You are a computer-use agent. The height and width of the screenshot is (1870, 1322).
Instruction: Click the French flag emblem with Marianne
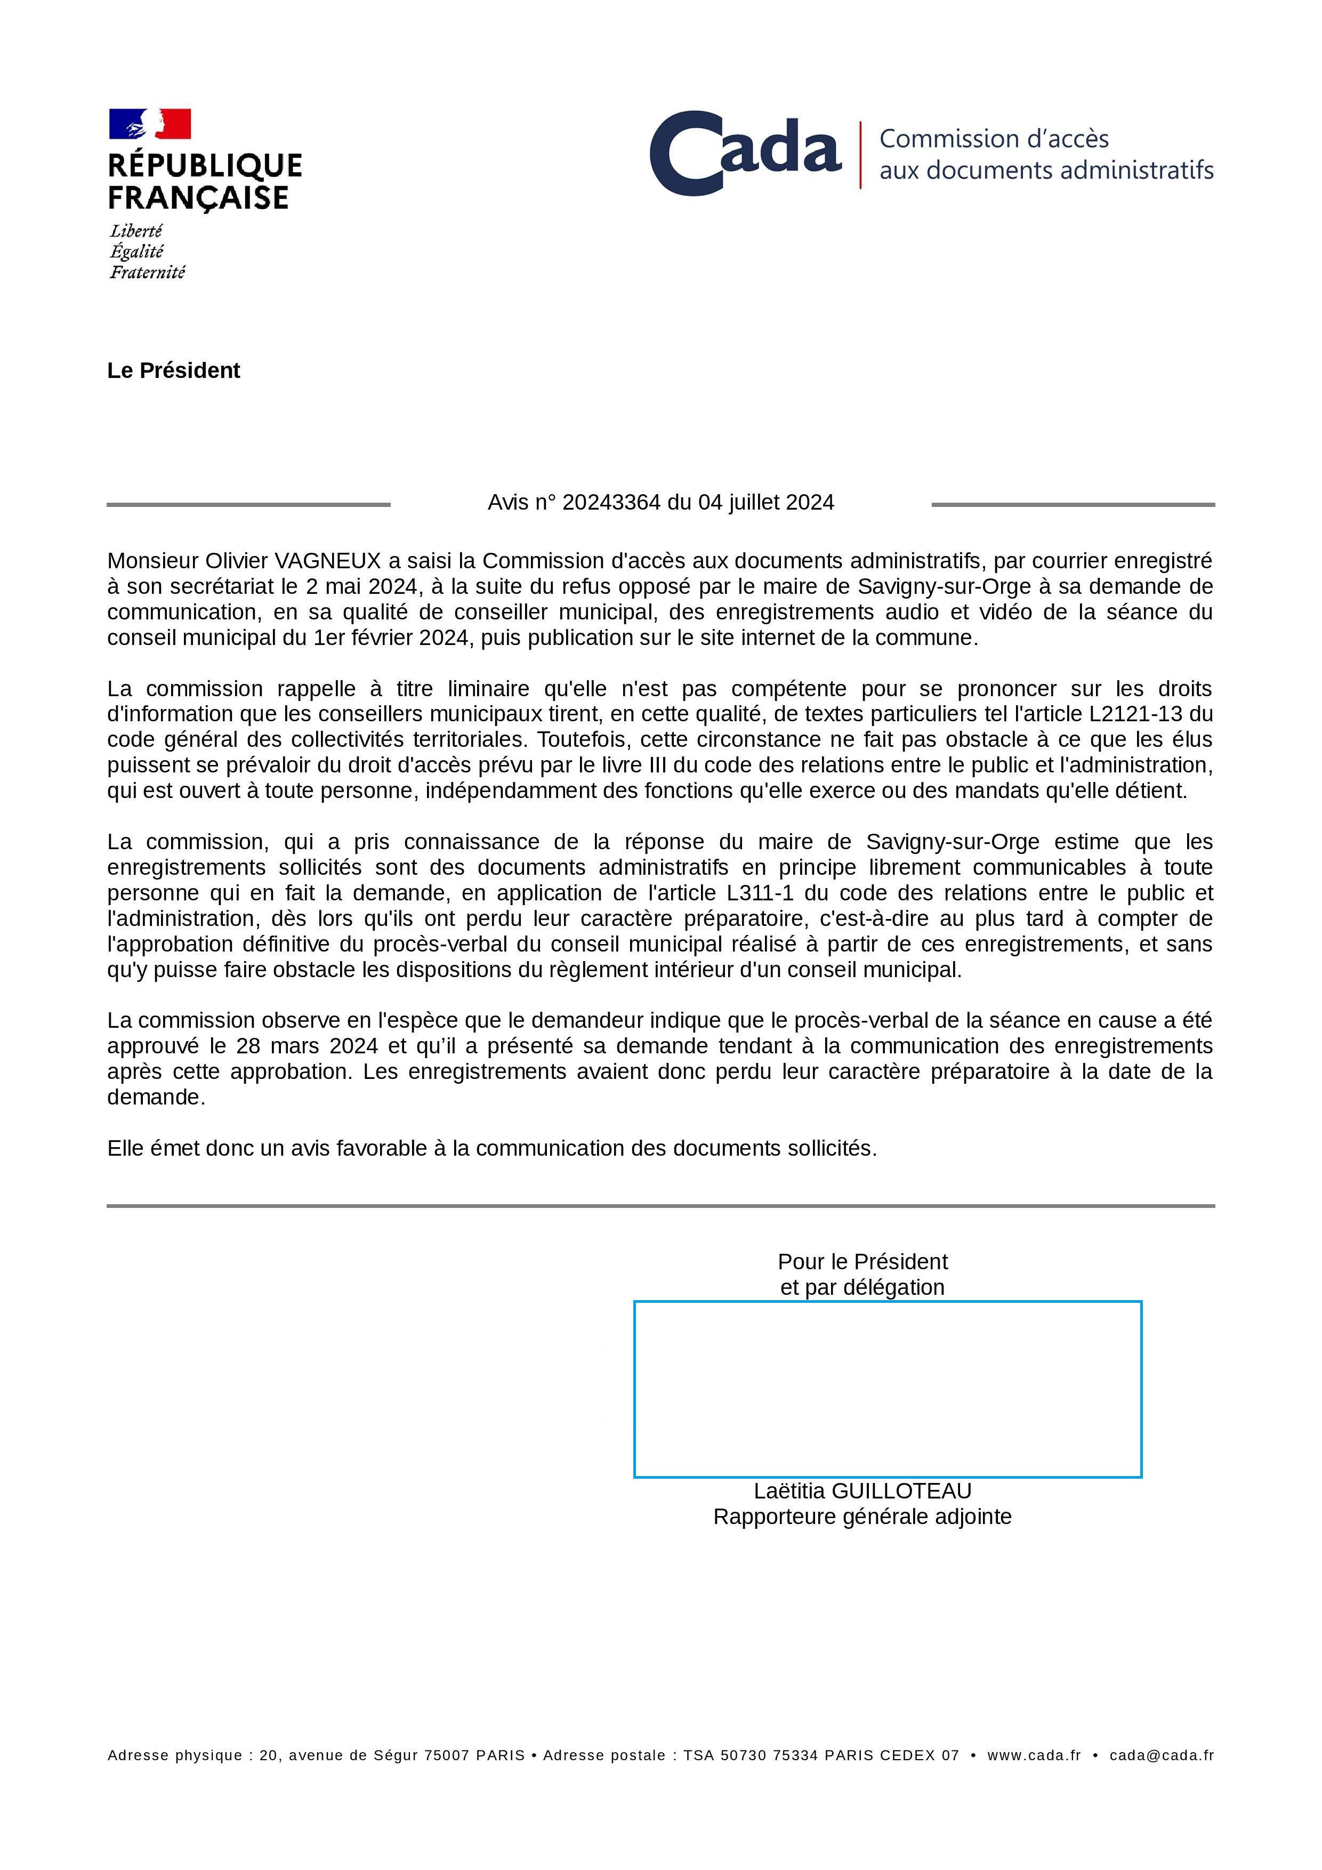coord(150,124)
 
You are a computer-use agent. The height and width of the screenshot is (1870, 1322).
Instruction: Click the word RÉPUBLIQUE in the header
coord(205,166)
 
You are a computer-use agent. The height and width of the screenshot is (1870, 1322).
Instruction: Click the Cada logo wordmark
coord(745,153)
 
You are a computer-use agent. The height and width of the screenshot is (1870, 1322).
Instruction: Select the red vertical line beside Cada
coord(860,155)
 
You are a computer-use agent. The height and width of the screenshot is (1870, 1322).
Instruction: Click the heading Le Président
coord(173,370)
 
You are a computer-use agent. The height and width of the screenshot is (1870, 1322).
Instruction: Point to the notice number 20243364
coord(611,503)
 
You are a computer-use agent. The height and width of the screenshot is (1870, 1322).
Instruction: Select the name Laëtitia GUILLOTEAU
coord(862,1492)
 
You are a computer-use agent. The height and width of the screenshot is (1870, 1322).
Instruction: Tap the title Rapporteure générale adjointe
coord(862,1517)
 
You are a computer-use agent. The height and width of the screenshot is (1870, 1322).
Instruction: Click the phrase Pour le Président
coord(862,1262)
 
